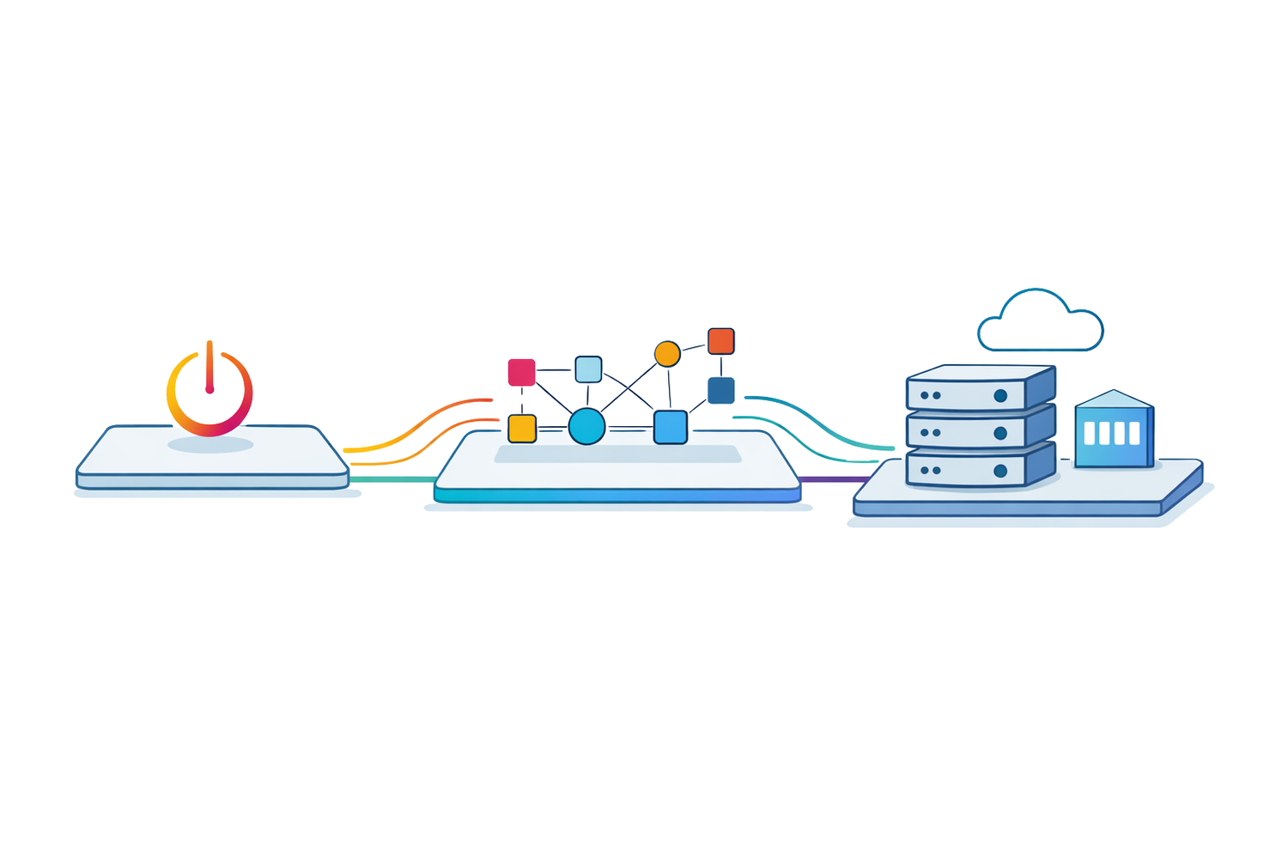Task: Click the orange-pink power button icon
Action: [210, 391]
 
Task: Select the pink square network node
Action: [522, 372]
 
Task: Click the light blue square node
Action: [588, 369]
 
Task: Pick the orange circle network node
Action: [667, 354]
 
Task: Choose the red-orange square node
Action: [720, 341]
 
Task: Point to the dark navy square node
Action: [720, 391]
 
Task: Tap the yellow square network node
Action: [522, 428]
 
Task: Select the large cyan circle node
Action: [587, 426]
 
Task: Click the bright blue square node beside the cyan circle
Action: [671, 427]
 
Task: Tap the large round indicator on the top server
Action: [1000, 396]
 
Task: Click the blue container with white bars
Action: [1114, 431]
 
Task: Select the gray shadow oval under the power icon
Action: [210, 445]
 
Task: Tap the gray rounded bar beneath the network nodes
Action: [617, 454]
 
